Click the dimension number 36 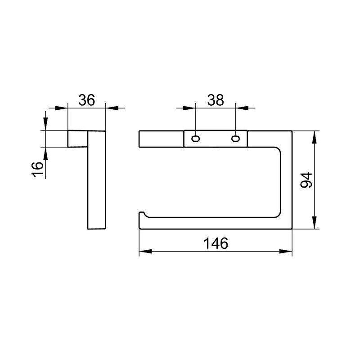point(86,100)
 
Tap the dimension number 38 point(216,100)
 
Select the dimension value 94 point(306,180)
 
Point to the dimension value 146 point(216,243)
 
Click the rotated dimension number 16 point(37,169)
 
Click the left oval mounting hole point(195,139)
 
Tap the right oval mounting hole point(235,139)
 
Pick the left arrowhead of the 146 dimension point(145,251)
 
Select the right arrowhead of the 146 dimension point(286,251)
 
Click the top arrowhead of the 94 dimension point(315,137)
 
